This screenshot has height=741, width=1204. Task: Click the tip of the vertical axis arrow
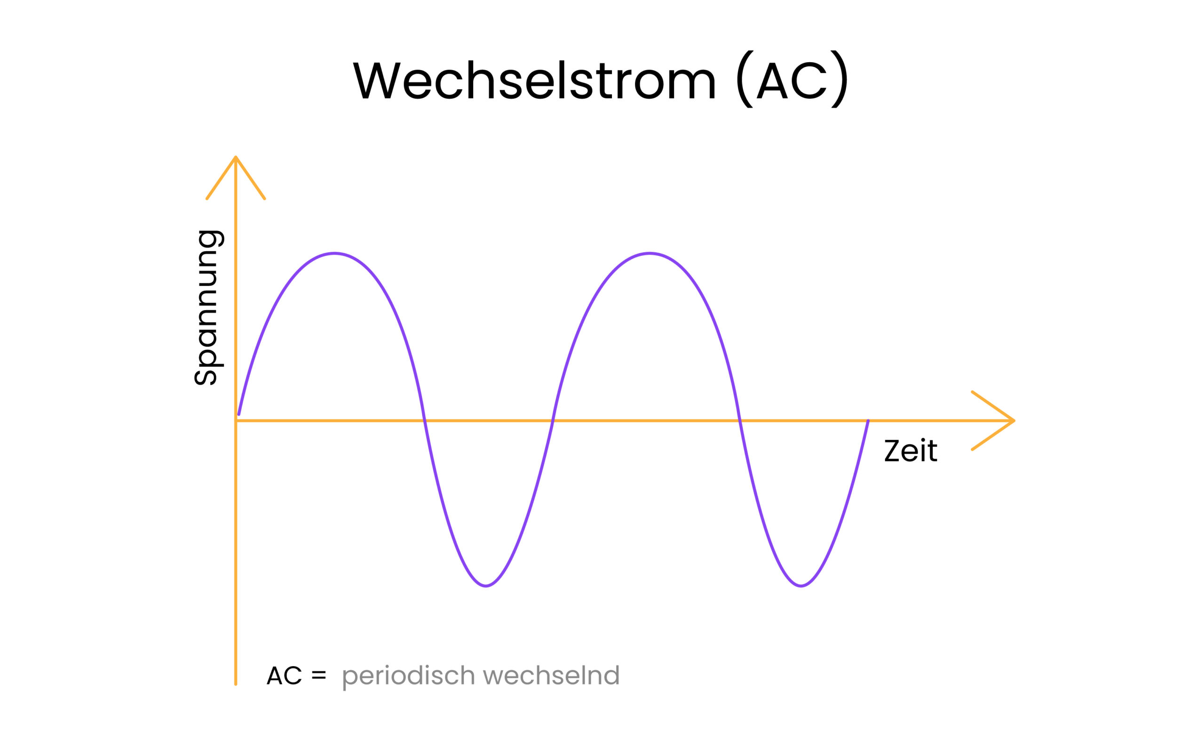point(236,157)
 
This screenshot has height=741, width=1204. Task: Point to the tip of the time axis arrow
point(1014,421)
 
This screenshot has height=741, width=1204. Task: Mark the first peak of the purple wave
point(334,254)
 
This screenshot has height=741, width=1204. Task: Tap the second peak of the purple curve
point(650,254)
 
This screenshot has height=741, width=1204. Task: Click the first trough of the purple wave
point(485,586)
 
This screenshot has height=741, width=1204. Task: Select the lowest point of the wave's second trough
point(801,586)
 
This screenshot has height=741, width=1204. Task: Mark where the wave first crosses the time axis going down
point(424,421)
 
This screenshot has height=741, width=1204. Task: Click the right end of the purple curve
point(868,421)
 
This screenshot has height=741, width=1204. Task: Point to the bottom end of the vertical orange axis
point(236,684)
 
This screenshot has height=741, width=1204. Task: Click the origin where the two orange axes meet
point(236,421)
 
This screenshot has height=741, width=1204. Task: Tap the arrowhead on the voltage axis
point(236,177)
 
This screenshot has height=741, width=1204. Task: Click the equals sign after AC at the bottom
point(318,675)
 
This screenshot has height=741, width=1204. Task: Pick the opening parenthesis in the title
point(744,79)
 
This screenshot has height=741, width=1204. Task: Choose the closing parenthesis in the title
point(840,79)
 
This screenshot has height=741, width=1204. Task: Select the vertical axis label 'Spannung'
point(209,307)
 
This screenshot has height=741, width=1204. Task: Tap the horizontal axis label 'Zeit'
point(911,451)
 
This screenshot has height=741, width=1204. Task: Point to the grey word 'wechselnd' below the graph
point(552,675)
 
